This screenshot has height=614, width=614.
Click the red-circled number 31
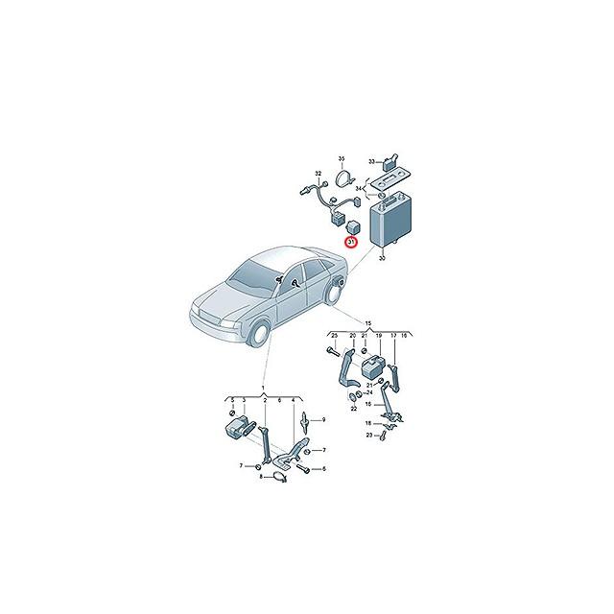pyautogui.click(x=351, y=244)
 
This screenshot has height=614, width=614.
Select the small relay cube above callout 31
pyautogui.click(x=351, y=227)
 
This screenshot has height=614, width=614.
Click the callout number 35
pyautogui.click(x=341, y=157)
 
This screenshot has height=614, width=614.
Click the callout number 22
pyautogui.click(x=353, y=408)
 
